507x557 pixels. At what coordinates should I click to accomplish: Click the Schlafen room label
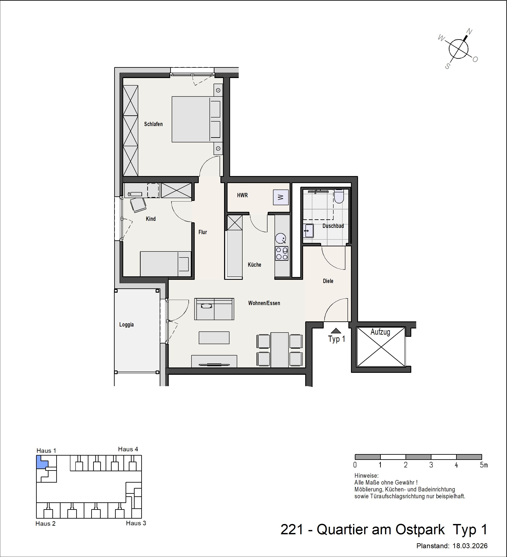pyautogui.click(x=153, y=124)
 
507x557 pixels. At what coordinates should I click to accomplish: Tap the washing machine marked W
pyautogui.click(x=281, y=197)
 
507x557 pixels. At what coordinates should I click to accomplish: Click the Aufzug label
pyautogui.click(x=380, y=332)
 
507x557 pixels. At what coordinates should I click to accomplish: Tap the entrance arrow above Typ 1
pyautogui.click(x=336, y=330)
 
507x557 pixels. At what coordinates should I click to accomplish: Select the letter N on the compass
pyautogui.click(x=469, y=31)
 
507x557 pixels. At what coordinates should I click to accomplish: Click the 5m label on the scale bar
pyautogui.click(x=484, y=465)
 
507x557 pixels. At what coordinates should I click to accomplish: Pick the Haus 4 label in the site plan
pyautogui.click(x=128, y=449)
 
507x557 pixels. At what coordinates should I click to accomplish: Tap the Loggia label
pyautogui.click(x=126, y=325)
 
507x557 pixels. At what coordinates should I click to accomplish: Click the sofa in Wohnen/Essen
pyautogui.click(x=214, y=309)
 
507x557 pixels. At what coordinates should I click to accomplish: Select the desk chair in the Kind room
pyautogui.click(x=138, y=205)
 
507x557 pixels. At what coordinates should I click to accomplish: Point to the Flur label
pyautogui.click(x=202, y=232)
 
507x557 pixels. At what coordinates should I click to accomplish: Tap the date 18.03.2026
pyautogui.click(x=470, y=546)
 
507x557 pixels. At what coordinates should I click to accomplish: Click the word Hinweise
pyautogui.click(x=366, y=476)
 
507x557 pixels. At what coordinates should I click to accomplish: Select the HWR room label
pyautogui.click(x=242, y=195)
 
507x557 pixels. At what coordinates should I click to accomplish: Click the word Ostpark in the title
pyautogui.click(x=420, y=530)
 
